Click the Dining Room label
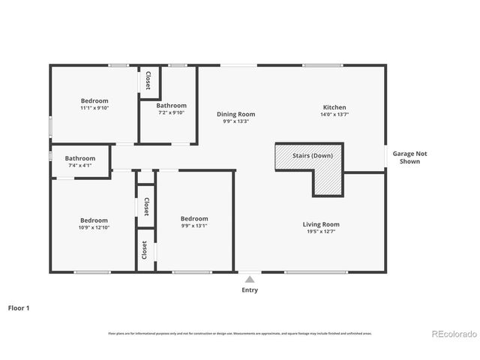[x=236, y=114]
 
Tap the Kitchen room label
[x=334, y=107]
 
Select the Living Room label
[x=321, y=224]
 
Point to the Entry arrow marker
[x=250, y=279]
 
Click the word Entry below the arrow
[x=250, y=290]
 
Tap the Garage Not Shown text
[x=409, y=157]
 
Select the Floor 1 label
[x=19, y=307]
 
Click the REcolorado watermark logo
[x=452, y=334]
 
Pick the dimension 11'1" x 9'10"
[x=94, y=107]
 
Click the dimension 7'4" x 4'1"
[x=79, y=165]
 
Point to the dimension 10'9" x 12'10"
[x=94, y=227]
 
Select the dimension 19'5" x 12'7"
[x=321, y=231]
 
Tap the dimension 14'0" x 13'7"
[x=334, y=114]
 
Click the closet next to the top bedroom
[x=148, y=80]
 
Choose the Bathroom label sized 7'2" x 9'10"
[x=171, y=106]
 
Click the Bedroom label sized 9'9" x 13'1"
[x=194, y=218]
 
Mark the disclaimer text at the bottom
[x=240, y=333]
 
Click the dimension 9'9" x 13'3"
[x=236, y=121]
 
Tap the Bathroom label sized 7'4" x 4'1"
[x=79, y=158]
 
